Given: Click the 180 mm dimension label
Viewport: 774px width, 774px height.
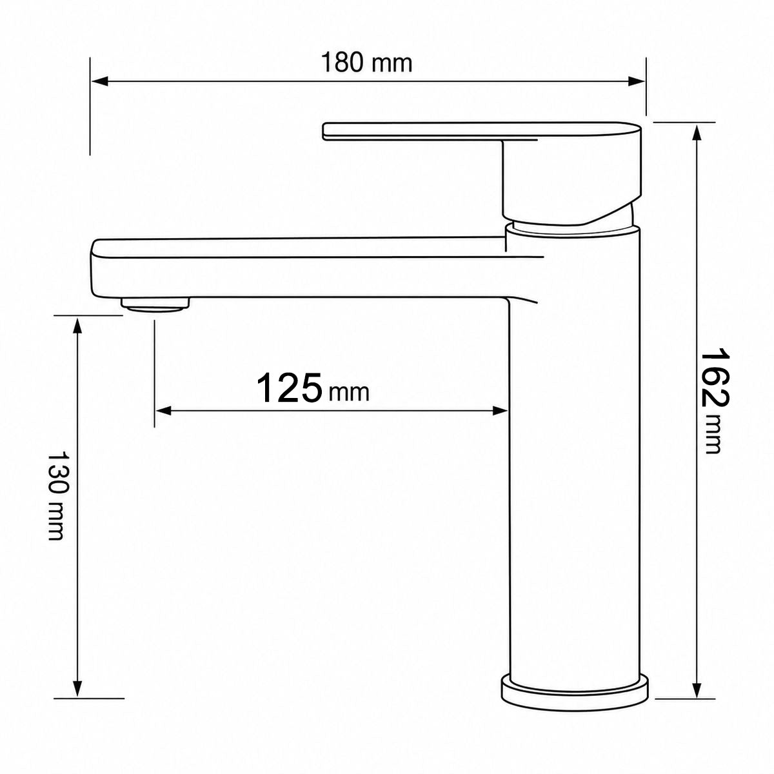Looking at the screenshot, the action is pyautogui.click(x=366, y=63).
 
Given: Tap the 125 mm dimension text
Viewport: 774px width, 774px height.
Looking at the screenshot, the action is pyautogui.click(x=312, y=388).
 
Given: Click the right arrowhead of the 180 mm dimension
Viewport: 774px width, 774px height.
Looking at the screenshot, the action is pyautogui.click(x=637, y=81).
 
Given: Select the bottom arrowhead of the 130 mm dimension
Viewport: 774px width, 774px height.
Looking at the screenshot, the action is pyautogui.click(x=78, y=608).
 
